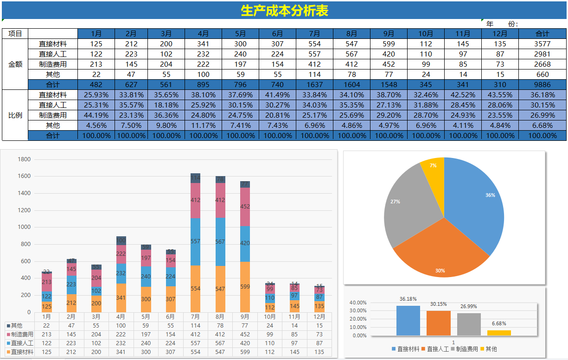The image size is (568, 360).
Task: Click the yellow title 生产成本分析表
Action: pyautogui.click(x=284, y=11)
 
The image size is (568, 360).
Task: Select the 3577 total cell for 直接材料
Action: pyautogui.click(x=542, y=44)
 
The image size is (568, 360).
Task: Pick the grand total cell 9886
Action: pyautogui.click(x=542, y=85)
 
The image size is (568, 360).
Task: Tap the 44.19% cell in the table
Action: pyautogui.click(x=96, y=115)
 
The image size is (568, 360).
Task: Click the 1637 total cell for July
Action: pyautogui.click(x=314, y=85)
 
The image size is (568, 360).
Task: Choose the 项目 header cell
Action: pyautogui.click(x=15, y=34)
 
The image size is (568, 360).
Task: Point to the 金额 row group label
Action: pyautogui.click(x=15, y=64)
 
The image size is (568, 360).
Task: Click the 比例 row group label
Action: pyautogui.click(x=15, y=115)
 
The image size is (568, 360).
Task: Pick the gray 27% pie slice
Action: pyautogui.click(x=408, y=204)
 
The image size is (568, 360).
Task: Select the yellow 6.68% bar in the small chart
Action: pyautogui.click(x=499, y=333)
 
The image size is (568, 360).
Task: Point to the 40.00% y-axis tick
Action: pyautogui.click(x=358, y=303)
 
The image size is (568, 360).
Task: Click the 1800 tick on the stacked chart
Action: pyautogui.click(x=24, y=159)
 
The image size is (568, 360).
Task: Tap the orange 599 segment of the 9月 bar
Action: pyautogui.click(x=245, y=287)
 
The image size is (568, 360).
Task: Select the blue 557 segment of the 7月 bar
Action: pyautogui.click(x=195, y=242)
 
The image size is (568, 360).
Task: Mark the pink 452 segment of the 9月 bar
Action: pyautogui.click(x=245, y=207)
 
